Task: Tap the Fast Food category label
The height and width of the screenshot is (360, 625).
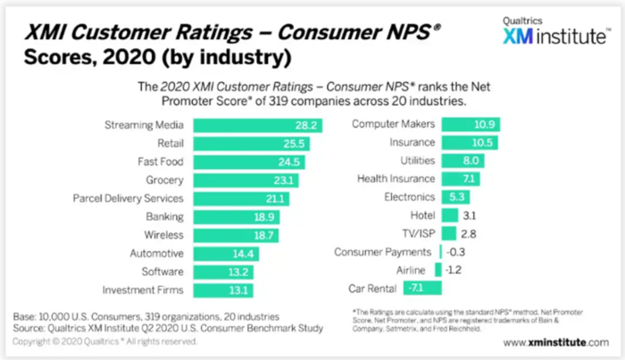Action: (158, 163)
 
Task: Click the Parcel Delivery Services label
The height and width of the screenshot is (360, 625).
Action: (129, 198)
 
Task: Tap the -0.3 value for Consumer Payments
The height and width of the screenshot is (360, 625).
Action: (453, 252)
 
